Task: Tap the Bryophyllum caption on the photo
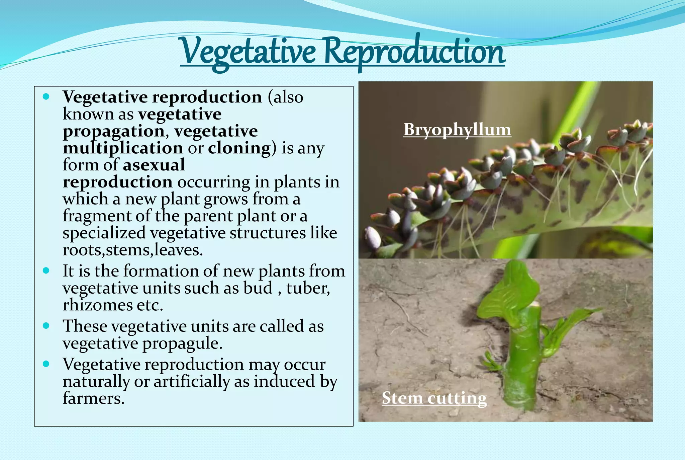(x=457, y=130)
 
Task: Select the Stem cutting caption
(x=434, y=398)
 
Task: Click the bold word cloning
(x=239, y=148)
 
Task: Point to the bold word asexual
(x=154, y=165)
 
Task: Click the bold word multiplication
(x=123, y=148)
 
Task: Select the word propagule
(x=182, y=343)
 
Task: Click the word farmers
(x=93, y=398)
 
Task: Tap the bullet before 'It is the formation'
(x=46, y=271)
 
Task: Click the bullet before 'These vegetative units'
(x=46, y=325)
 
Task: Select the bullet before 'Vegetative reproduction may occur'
(x=46, y=364)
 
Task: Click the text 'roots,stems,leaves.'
(x=133, y=250)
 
